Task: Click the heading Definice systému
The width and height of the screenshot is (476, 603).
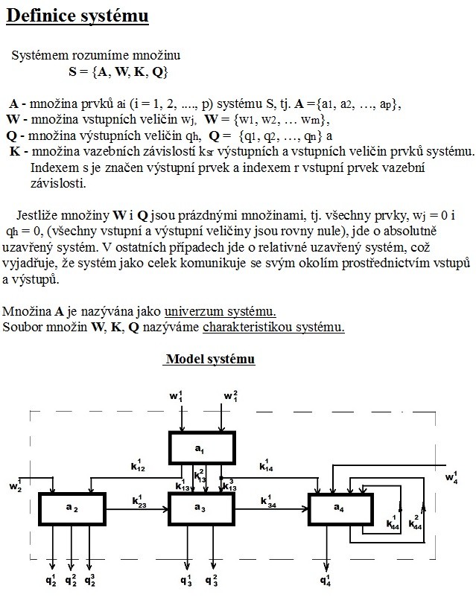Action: [x=77, y=16]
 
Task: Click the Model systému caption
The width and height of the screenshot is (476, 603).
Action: [x=210, y=360]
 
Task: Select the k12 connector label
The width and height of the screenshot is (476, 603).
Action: [x=138, y=466]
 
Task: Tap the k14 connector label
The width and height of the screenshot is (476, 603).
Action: [x=267, y=466]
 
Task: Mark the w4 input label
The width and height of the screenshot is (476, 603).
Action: [x=451, y=476]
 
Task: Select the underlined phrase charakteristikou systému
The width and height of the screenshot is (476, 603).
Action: [x=273, y=327]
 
